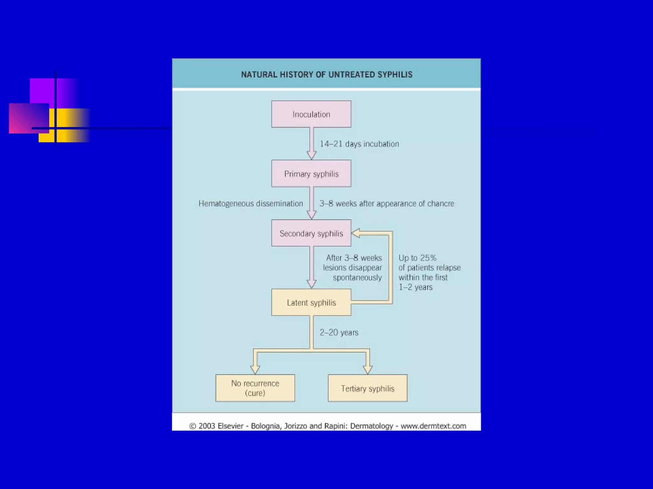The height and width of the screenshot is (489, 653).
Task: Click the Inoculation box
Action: tap(311, 114)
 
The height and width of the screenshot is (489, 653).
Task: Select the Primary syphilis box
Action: tap(311, 174)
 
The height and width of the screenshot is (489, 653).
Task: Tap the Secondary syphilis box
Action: tap(311, 233)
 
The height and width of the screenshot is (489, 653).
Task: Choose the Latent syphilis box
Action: tap(311, 302)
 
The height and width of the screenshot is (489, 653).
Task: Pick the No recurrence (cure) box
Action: tap(255, 388)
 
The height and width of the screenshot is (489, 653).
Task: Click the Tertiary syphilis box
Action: tap(368, 388)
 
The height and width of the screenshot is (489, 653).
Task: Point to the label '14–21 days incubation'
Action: tap(359, 144)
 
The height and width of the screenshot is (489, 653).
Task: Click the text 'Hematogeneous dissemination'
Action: tap(251, 203)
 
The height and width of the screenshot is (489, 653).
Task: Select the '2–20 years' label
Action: tap(339, 332)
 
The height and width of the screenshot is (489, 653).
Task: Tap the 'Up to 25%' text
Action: tap(417, 258)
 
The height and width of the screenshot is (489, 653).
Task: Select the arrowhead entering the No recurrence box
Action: tap(255, 369)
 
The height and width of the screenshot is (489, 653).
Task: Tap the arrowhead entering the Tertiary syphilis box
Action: tap(368, 369)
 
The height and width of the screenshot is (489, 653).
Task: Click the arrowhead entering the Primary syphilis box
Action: tap(312, 155)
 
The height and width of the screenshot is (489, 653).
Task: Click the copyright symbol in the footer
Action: tap(193, 426)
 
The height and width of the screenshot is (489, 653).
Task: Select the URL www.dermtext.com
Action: tap(433, 426)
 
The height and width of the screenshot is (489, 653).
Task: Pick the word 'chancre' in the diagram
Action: tap(441, 203)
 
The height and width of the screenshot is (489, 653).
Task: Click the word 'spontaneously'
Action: tap(357, 278)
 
